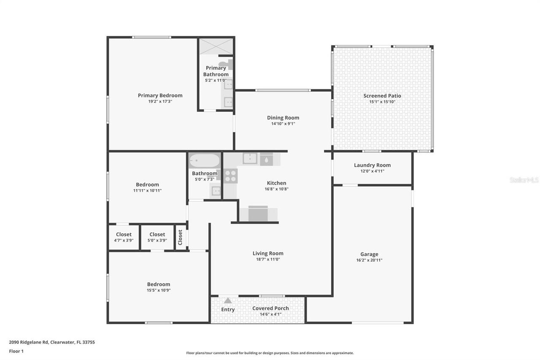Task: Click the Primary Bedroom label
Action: pyautogui.click(x=160, y=95)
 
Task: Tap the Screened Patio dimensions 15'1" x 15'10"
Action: pyautogui.click(x=382, y=102)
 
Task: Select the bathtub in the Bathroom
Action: pyautogui.click(x=205, y=161)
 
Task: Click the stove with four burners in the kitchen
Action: pyautogui.click(x=230, y=176)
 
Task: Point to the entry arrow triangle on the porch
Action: pyautogui.click(x=228, y=300)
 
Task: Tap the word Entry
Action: pyautogui.click(x=228, y=309)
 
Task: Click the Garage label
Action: pyautogui.click(x=369, y=254)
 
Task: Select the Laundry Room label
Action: pyautogui.click(x=372, y=165)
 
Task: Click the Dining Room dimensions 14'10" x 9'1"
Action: pyautogui.click(x=283, y=124)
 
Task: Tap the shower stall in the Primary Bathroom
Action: pyautogui.click(x=216, y=46)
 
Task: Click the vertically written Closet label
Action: pyautogui.click(x=180, y=237)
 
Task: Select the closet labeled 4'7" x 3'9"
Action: pyautogui.click(x=124, y=237)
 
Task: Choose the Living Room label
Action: pyautogui.click(x=268, y=253)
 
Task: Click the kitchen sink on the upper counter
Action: pyautogui.click(x=250, y=158)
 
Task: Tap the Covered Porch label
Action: pyautogui.click(x=270, y=308)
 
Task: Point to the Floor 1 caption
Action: pyautogui.click(x=16, y=351)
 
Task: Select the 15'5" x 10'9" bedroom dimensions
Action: pyautogui.click(x=159, y=290)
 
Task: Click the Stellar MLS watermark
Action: pyautogui.click(x=524, y=180)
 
